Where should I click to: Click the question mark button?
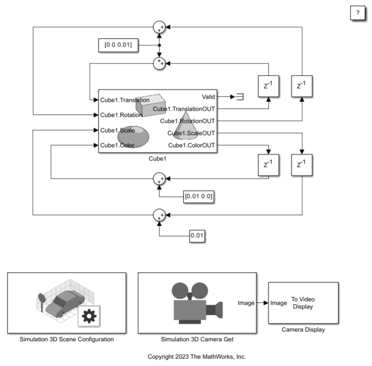[357, 14]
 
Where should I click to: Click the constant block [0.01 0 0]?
[200, 197]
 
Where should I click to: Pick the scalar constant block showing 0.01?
[198, 235]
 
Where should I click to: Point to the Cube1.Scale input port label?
[118, 130]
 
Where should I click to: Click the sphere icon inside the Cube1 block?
[134, 135]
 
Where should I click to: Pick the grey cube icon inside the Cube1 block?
[149, 104]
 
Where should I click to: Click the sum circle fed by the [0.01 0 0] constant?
[159, 178]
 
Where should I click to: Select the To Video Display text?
[303, 302]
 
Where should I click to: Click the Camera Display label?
[303, 330]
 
